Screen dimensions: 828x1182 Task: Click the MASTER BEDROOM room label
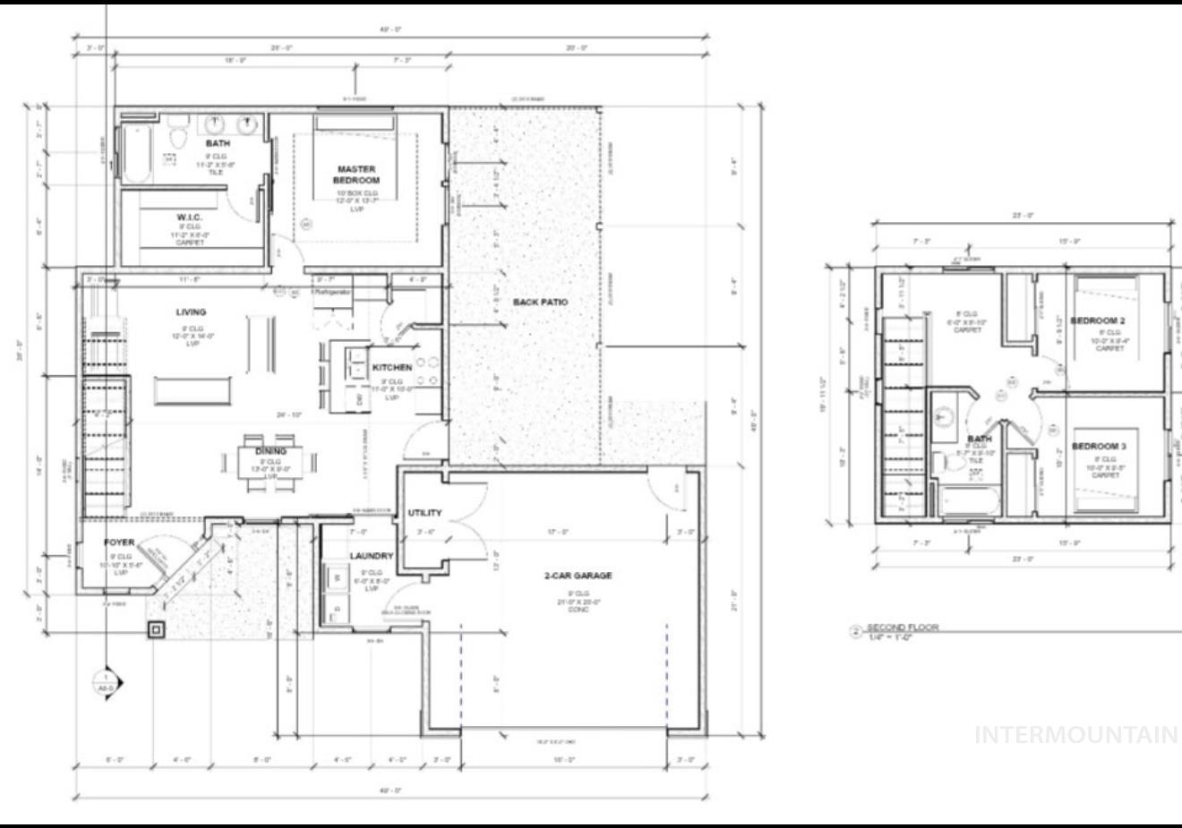[356, 175]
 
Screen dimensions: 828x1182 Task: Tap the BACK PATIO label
[540, 302]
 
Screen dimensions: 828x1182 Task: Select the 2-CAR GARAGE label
[578, 576]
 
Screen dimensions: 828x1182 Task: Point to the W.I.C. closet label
[191, 218]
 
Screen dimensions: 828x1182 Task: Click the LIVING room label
[191, 312]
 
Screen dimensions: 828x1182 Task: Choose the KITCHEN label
[392, 367]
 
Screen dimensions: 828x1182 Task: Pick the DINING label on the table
[270, 451]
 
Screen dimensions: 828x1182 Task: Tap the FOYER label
[118, 542]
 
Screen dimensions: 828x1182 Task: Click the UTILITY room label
[424, 513]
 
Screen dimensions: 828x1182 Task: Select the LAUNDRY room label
[371, 556]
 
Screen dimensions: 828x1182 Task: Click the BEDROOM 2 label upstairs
[1098, 320]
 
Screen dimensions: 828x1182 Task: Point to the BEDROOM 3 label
[1098, 446]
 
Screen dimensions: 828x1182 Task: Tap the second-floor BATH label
[980, 439]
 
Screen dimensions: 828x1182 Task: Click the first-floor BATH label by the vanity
[218, 143]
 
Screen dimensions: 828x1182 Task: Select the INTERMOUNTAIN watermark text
[1075, 735]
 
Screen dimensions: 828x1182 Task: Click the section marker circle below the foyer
[106, 682]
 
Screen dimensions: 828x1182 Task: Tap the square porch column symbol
[157, 630]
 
